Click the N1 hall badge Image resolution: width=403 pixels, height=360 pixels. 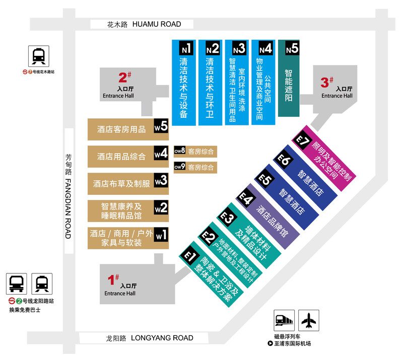[x=186, y=49]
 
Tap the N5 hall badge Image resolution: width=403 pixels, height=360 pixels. [x=292, y=49]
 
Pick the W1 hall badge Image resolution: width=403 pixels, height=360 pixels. [x=161, y=235]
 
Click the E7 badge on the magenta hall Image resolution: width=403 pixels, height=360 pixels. [x=302, y=142]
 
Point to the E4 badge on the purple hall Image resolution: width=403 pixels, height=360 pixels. [x=246, y=198]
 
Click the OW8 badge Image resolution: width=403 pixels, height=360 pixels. [x=180, y=151]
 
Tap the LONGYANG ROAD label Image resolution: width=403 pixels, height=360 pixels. [x=162, y=338]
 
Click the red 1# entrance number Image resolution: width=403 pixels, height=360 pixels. [x=113, y=279]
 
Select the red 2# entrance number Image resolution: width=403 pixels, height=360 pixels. [x=124, y=78]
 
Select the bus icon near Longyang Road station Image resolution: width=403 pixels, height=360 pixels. [x=17, y=284]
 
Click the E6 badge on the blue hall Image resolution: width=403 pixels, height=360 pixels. [x=284, y=161]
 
